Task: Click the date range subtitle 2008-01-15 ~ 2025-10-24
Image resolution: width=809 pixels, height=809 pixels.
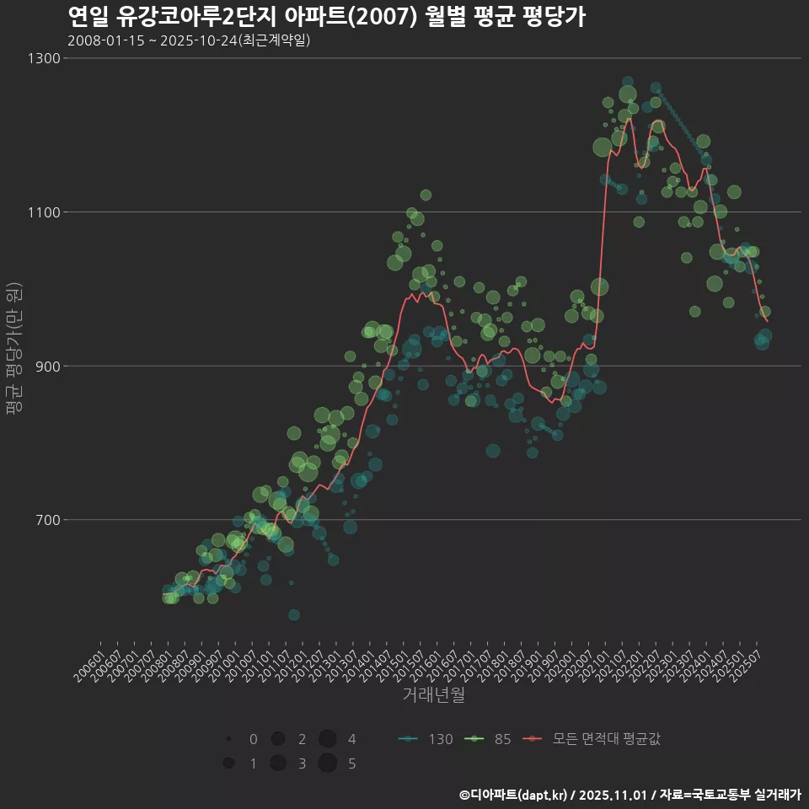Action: click(189, 40)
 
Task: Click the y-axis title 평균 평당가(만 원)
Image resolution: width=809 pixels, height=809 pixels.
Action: click(13, 349)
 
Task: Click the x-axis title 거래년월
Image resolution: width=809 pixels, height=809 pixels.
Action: click(433, 694)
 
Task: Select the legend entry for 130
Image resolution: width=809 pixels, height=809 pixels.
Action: click(426, 739)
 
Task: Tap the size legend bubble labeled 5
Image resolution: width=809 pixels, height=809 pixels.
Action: click(328, 763)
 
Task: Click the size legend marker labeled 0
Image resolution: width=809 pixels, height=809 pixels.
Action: click(228, 739)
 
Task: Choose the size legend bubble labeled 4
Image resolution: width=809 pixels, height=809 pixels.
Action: click(328, 739)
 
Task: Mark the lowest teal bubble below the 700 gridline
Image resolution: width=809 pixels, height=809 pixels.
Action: click(293, 614)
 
